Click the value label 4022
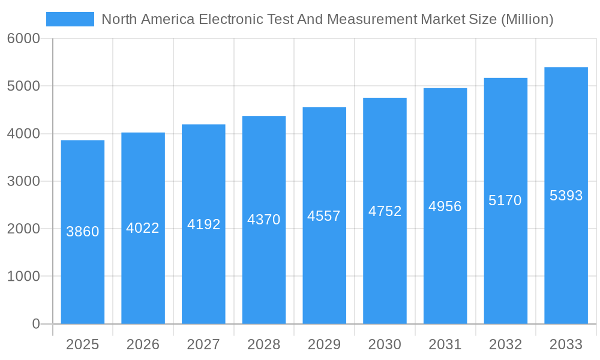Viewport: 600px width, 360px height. tap(143, 228)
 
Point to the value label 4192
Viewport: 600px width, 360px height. tap(204, 224)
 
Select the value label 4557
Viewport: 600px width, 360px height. tap(324, 216)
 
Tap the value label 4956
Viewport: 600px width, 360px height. tap(445, 206)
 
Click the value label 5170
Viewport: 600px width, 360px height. tap(505, 200)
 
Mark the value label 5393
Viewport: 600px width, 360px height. tap(566, 196)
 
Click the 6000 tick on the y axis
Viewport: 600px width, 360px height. tap(23, 39)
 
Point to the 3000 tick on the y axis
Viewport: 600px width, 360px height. tap(23, 181)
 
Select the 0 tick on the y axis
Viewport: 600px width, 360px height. tap(35, 324)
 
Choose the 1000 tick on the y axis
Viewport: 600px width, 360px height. tap(23, 277)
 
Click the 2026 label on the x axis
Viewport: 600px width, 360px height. tap(143, 344)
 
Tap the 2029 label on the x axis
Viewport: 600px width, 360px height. tap(324, 344)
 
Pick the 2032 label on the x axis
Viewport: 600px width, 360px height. tap(505, 344)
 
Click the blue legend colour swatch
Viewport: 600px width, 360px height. tap(70, 19)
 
